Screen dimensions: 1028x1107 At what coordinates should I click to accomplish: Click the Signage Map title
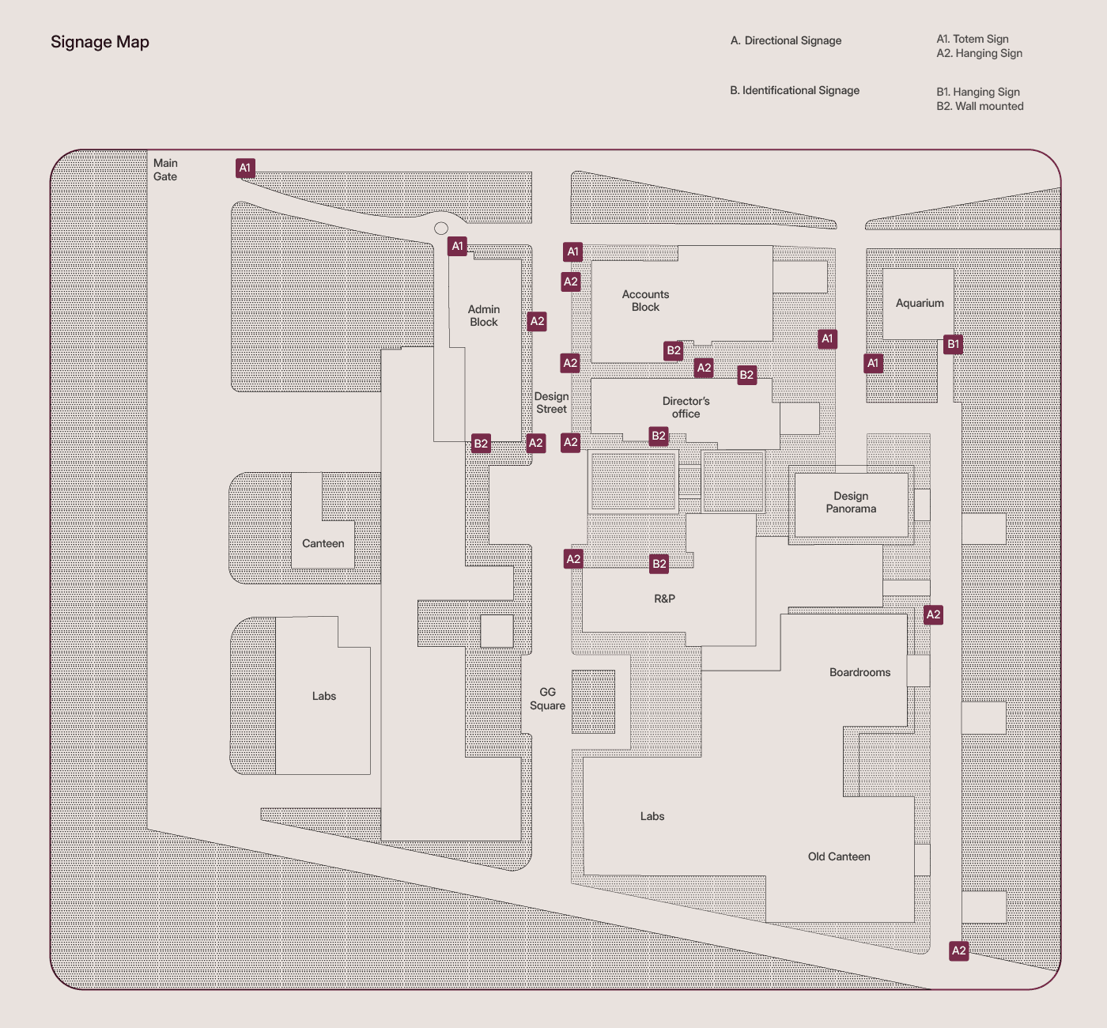(x=100, y=42)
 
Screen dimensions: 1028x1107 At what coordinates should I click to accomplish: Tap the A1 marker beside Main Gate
(x=245, y=168)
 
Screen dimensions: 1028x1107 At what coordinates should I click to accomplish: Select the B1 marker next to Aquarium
(x=954, y=344)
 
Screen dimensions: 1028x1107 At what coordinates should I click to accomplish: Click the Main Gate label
(x=165, y=170)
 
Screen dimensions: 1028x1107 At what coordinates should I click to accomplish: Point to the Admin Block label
(x=484, y=316)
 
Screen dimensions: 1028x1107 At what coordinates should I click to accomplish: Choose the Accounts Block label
(x=645, y=300)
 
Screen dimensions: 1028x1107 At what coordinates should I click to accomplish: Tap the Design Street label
(x=551, y=403)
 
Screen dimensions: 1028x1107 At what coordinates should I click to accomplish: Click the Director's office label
(x=686, y=407)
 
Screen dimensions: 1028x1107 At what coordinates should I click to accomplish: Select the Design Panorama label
(x=851, y=502)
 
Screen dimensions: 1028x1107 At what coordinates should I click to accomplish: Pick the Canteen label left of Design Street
(x=323, y=543)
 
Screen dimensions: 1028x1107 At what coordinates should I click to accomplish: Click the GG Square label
(x=547, y=698)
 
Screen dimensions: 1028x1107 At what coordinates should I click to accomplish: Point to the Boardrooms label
(x=860, y=672)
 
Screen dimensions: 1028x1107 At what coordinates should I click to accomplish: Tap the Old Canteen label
(x=839, y=856)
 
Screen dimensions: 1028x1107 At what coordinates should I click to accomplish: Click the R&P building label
(x=664, y=599)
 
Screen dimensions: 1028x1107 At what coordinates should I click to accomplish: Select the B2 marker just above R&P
(x=659, y=564)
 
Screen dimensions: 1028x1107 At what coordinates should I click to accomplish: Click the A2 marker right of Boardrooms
(x=933, y=614)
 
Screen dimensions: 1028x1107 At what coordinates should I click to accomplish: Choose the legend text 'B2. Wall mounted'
(x=980, y=106)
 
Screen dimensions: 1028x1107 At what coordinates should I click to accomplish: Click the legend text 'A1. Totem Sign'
(x=973, y=39)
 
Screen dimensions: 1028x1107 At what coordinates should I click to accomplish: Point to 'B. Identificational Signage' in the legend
(x=795, y=90)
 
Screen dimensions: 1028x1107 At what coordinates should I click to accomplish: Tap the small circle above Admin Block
(x=441, y=229)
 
